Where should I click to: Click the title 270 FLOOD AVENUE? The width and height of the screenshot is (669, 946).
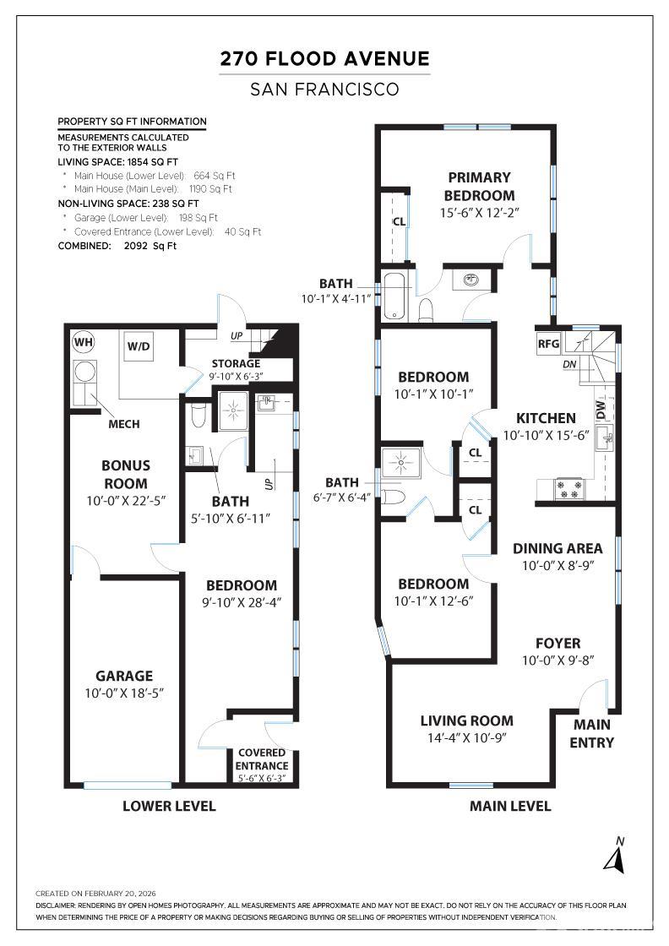point(325,59)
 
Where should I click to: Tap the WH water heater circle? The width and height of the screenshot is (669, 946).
point(83,342)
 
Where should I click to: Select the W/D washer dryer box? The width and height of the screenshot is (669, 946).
point(139,346)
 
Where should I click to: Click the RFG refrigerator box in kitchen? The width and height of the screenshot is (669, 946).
point(549,344)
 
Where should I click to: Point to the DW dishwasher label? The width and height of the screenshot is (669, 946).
point(601,410)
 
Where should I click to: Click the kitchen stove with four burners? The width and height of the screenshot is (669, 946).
point(568,488)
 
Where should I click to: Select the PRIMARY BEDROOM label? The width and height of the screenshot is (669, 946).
point(479,186)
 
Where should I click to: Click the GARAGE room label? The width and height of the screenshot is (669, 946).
point(124,676)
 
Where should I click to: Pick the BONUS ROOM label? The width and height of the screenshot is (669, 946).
point(125,475)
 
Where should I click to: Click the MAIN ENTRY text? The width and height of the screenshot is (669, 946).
point(593,733)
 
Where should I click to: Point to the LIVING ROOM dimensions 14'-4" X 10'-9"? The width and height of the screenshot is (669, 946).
point(467,737)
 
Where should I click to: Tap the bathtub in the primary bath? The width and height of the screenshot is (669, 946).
point(397,296)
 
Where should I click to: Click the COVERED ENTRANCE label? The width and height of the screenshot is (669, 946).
point(261,758)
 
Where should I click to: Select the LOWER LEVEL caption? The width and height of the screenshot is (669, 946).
point(169,806)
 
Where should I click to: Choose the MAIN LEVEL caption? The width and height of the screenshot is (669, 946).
point(510,806)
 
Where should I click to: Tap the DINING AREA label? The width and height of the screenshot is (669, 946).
point(557,548)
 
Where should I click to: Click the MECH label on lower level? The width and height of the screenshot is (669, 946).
point(123,424)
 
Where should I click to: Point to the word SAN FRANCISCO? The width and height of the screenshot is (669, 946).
point(325,89)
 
